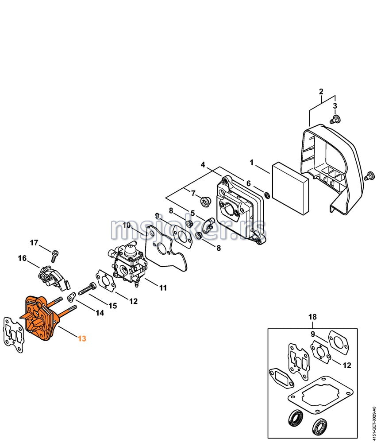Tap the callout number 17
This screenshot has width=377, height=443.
[x=35, y=242]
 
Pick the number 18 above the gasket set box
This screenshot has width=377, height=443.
[x=312, y=317]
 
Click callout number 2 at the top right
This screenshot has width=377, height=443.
[x=321, y=92]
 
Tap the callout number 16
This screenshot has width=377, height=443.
[x=23, y=258]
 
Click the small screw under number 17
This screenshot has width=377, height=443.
[x=54, y=254]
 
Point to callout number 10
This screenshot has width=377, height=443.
[x=127, y=225]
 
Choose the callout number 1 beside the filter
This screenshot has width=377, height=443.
[x=251, y=163]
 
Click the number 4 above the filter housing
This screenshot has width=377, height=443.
[x=203, y=164]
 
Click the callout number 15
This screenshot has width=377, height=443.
[x=113, y=305]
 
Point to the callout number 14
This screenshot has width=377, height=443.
[x=100, y=313]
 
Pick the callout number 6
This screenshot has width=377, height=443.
[x=249, y=183]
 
